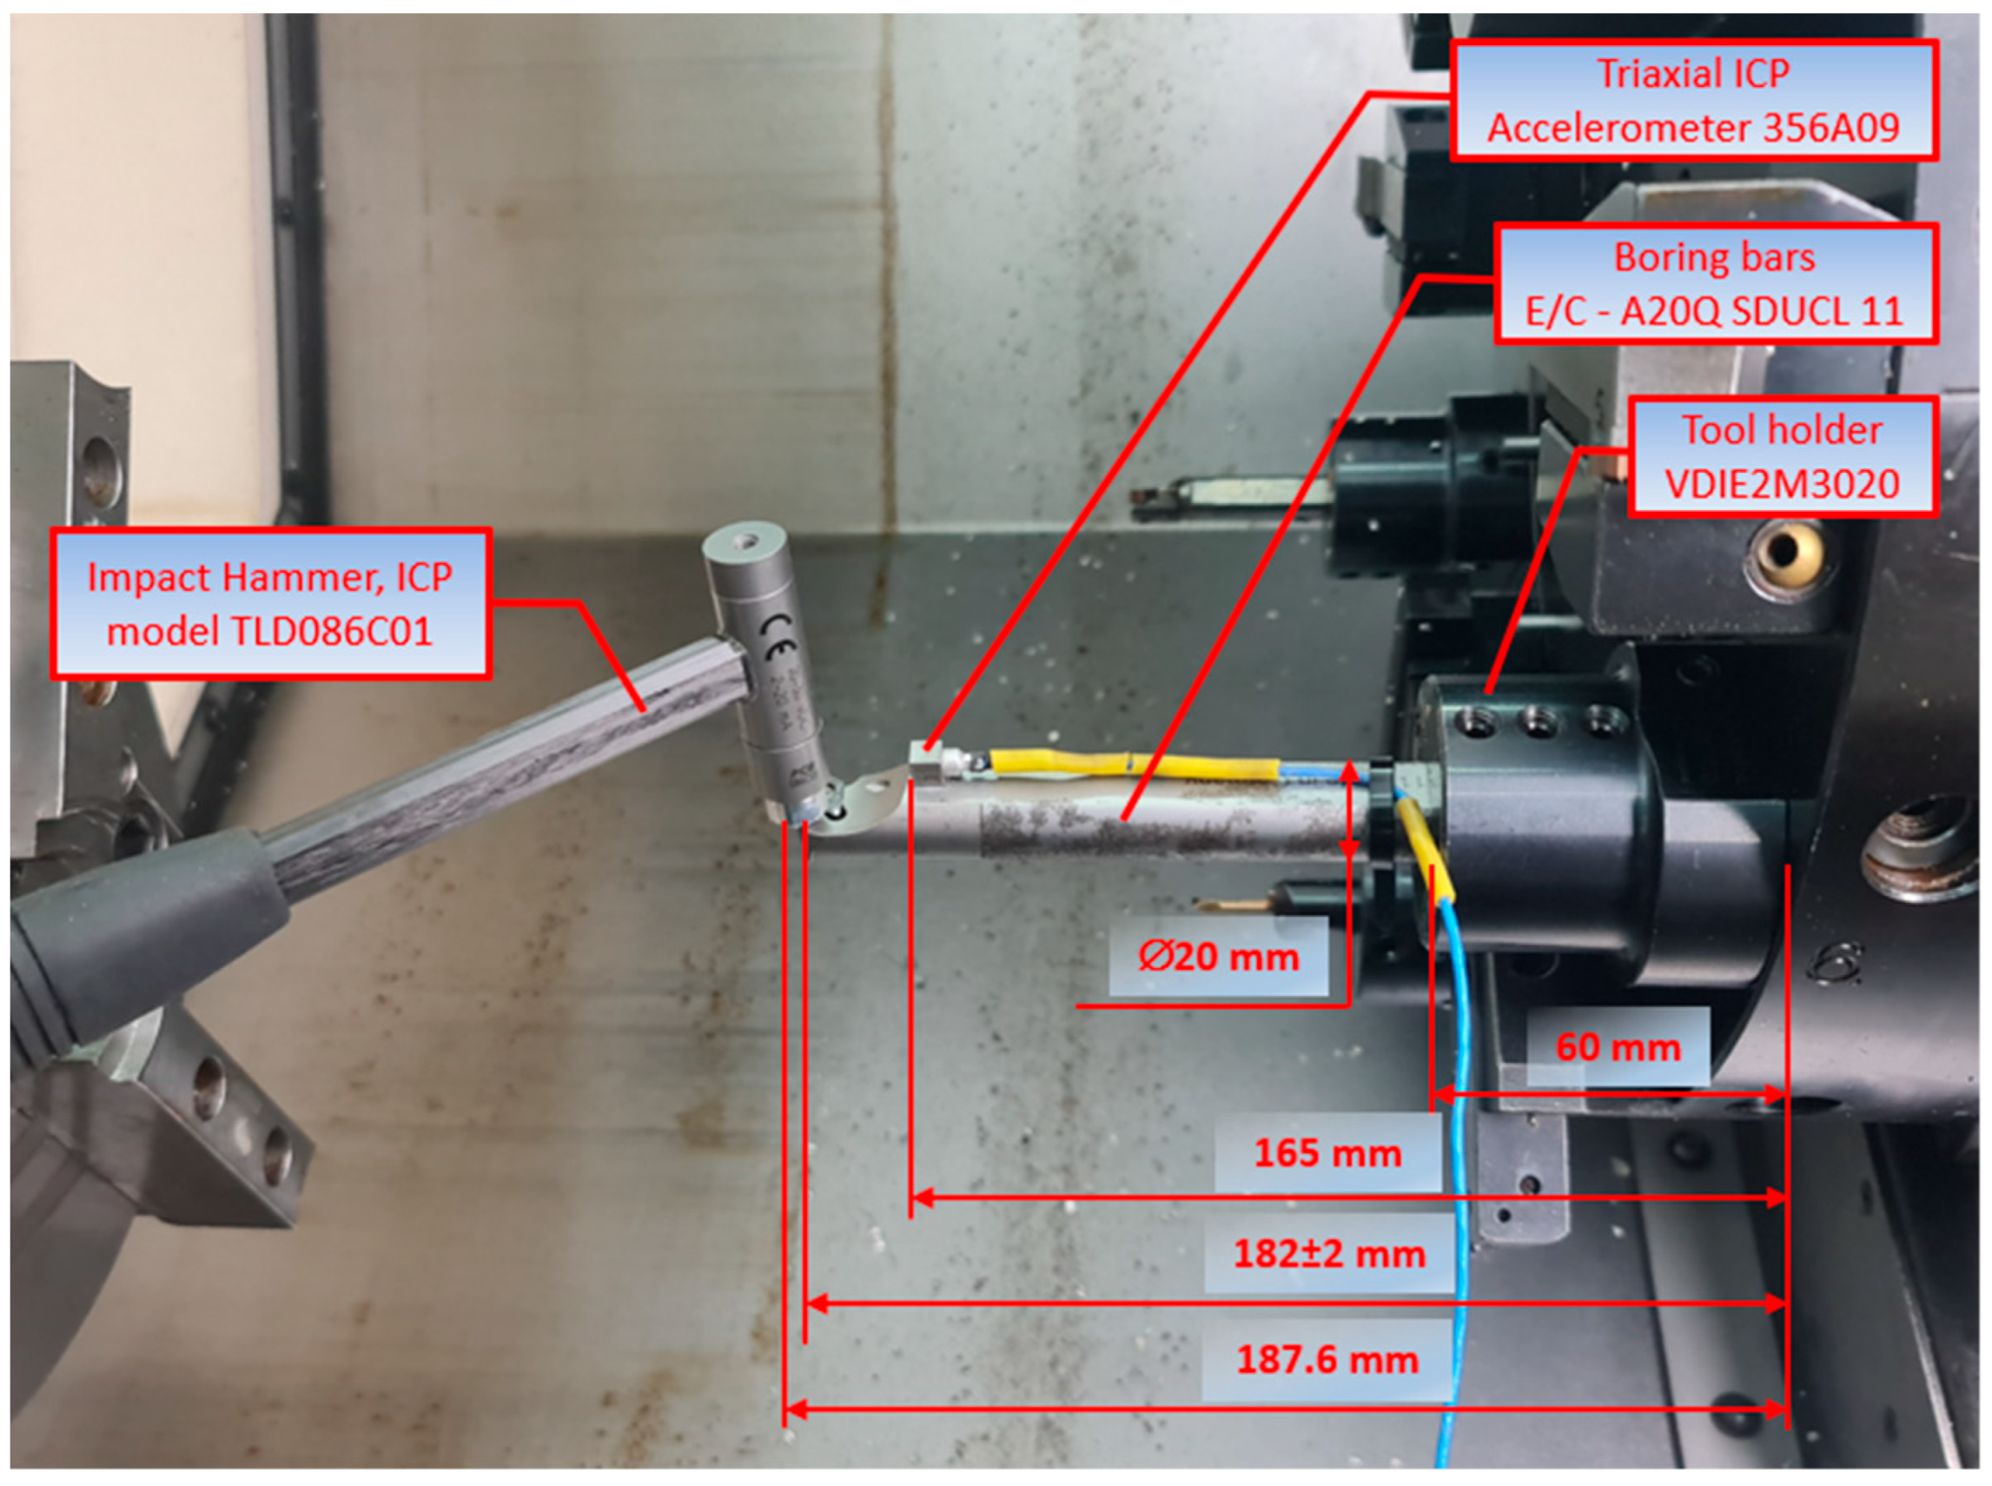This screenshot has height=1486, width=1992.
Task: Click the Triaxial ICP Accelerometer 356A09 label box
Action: [1694, 101]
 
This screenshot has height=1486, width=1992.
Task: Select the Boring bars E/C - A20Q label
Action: [1716, 284]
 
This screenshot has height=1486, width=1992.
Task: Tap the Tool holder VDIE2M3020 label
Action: [1783, 457]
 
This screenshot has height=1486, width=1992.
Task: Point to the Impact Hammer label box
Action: [270, 604]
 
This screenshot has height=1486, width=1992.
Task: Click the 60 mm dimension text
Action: [1618, 1047]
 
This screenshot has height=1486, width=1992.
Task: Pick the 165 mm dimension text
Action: [1327, 1153]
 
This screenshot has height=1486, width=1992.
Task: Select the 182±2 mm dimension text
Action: [1329, 1254]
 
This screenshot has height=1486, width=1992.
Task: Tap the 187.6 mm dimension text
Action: [1327, 1359]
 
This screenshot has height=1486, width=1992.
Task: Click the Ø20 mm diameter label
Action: [1219, 956]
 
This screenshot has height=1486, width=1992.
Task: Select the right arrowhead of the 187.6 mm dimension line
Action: [1776, 1409]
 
